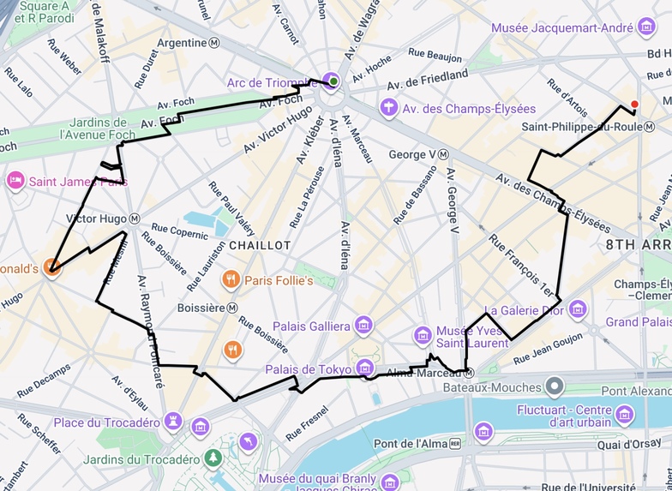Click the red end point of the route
634,105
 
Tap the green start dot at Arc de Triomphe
333,81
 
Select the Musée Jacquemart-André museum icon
647,28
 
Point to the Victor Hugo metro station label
103,219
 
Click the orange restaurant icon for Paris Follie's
230,279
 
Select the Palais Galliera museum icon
364,326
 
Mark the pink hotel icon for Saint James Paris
15,181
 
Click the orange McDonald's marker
51,267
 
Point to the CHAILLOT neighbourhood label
261,245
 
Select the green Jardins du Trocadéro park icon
213,458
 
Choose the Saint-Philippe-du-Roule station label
581,127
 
